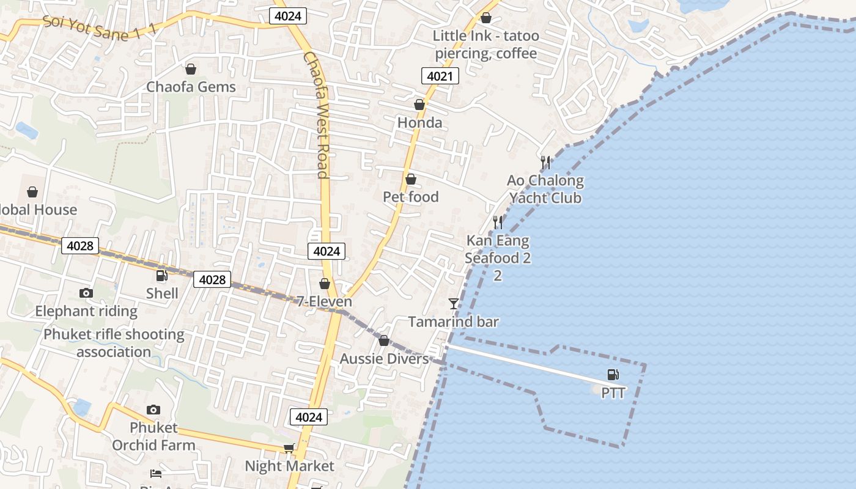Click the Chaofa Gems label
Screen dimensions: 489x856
191,87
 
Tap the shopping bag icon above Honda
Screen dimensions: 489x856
419,105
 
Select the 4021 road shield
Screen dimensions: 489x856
440,76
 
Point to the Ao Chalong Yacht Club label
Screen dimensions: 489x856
545,189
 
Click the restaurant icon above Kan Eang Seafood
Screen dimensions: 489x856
498,222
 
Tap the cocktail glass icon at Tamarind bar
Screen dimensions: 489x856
453,303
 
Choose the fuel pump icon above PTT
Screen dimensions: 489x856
613,375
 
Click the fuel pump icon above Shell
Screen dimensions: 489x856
162,276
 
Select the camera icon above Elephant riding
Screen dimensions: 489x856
86,293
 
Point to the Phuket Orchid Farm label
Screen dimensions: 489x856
153,436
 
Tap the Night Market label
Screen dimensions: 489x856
289,466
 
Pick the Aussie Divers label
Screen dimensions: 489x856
384,359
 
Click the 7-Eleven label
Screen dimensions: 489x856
324,301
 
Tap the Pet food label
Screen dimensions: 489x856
411,197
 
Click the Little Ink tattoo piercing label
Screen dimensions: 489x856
486,45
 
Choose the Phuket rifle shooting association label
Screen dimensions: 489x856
114,343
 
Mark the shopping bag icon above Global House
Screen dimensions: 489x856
32,193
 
